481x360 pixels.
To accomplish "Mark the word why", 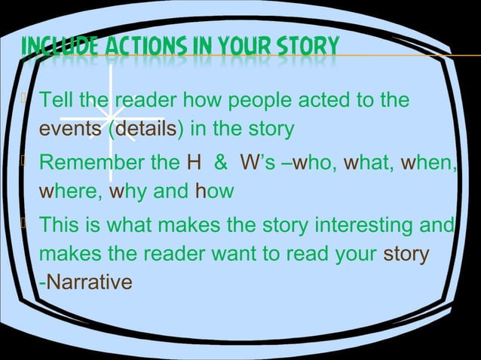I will (x=125, y=192).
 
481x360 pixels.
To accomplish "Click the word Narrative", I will (x=87, y=283).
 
